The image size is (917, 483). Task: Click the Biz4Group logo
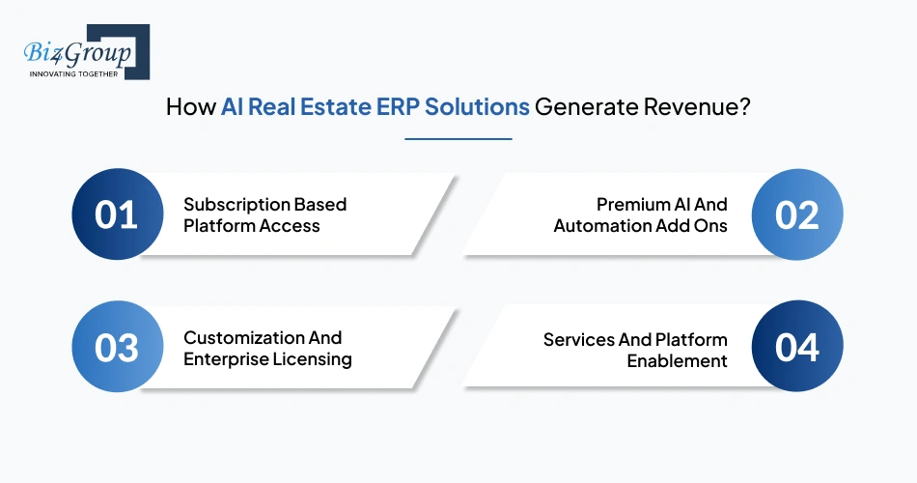[85, 51]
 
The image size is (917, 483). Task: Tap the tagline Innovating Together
[72, 73]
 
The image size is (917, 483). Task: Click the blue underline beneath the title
[458, 138]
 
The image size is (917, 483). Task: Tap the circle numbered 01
[117, 214]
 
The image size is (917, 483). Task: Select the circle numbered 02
[797, 214]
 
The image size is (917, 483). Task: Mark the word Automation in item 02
[597, 226]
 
